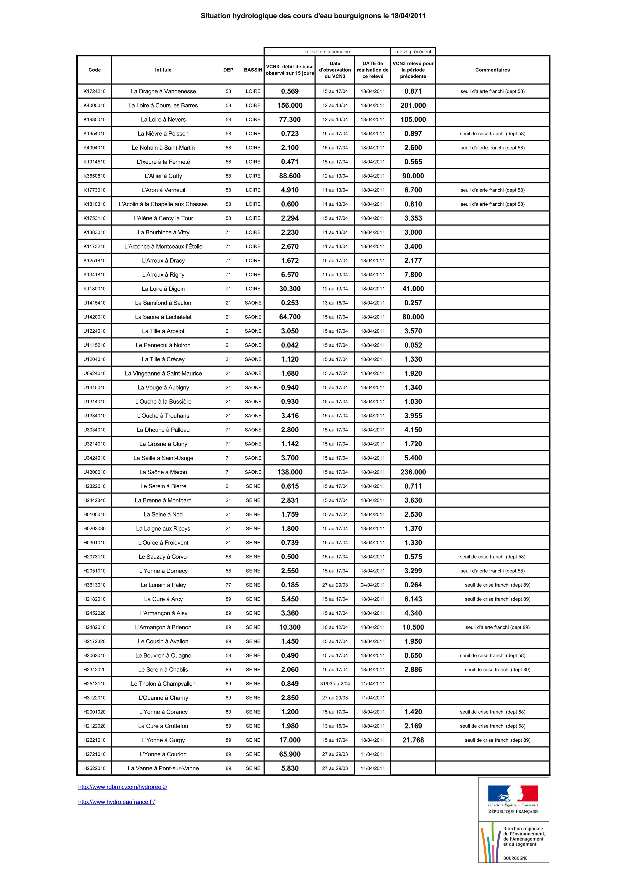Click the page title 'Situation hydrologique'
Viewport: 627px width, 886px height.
tap(313, 16)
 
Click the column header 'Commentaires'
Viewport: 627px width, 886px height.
tap(492, 70)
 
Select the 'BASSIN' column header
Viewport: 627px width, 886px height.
tap(253, 70)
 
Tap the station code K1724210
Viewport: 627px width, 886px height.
tap(94, 91)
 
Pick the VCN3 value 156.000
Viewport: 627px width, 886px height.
tap(290, 105)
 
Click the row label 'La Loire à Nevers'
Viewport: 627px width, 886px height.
tap(163, 120)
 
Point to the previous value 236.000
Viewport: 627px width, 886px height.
tap(413, 472)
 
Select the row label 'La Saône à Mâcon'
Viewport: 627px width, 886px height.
tap(163, 472)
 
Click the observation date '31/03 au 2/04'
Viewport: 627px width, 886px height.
tap(335, 684)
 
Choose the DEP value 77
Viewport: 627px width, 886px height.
tap(228, 585)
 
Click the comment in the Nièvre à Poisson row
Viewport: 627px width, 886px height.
tap(492, 134)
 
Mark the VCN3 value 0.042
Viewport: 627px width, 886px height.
tap(290, 345)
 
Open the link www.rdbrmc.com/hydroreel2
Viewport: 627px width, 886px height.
tap(123, 787)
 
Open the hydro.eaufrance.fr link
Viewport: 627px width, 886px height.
tap(116, 802)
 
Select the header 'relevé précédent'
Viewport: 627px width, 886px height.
tap(413, 52)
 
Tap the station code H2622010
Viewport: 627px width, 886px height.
tap(94, 768)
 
